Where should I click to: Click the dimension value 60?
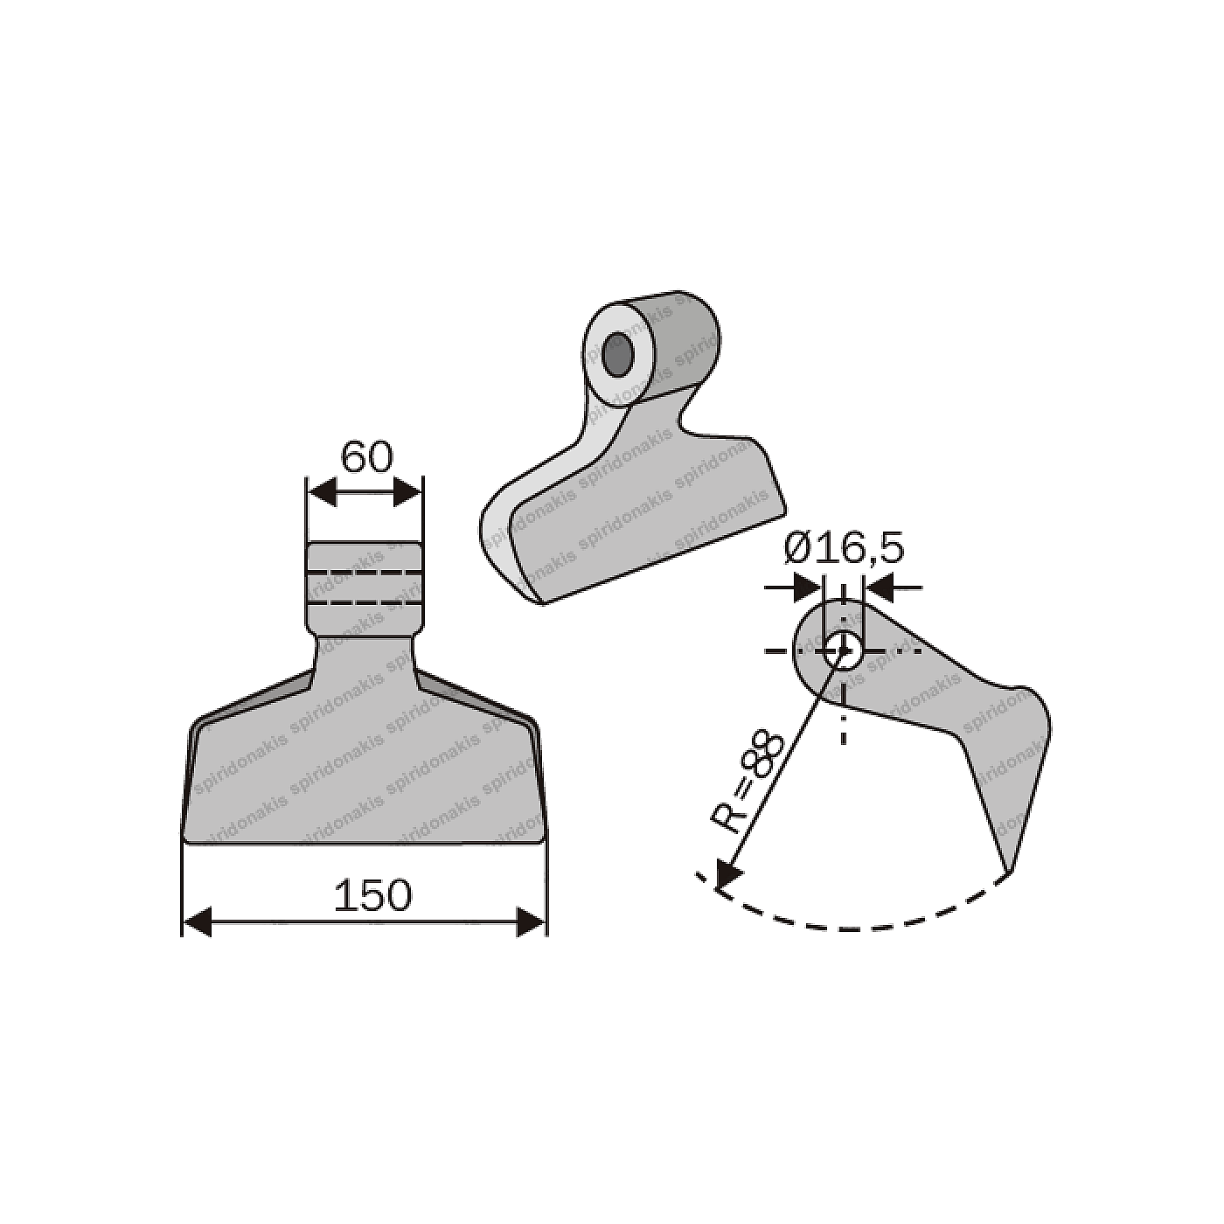366,457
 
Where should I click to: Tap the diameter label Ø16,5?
843,549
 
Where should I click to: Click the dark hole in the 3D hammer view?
619,353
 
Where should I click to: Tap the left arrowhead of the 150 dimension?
198,921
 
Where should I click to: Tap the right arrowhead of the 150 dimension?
530,921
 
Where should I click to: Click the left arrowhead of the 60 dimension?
323,492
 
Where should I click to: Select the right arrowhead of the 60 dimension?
407,492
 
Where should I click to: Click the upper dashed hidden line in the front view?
365,572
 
